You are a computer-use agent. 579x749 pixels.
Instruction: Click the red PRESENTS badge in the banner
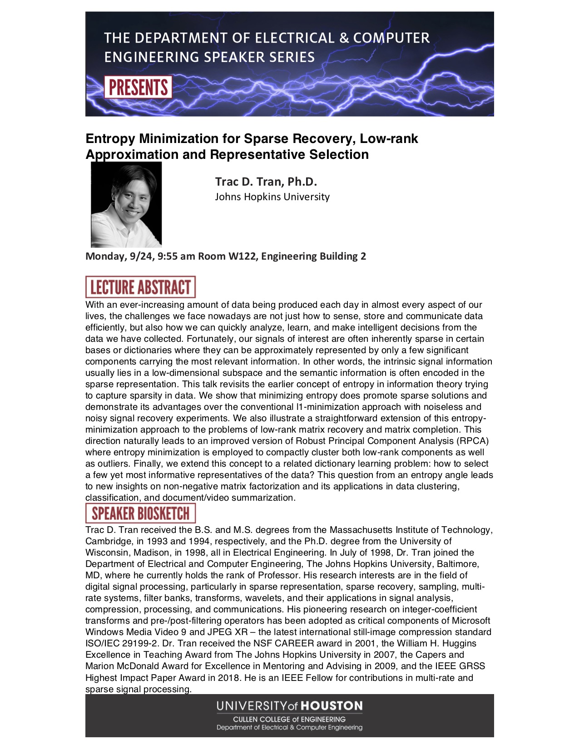click(x=138, y=87)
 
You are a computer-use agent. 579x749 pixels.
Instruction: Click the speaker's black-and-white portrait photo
click(x=126, y=205)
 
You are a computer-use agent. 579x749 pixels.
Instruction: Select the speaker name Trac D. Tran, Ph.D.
click(x=266, y=182)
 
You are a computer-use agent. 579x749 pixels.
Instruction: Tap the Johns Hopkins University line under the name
click(x=272, y=197)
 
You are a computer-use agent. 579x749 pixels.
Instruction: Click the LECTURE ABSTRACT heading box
click(x=140, y=287)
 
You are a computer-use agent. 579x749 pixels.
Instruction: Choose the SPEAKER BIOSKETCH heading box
click(x=140, y=513)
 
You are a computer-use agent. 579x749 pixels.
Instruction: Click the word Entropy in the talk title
click(x=110, y=138)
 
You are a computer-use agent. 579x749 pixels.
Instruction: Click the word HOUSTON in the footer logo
click(x=332, y=706)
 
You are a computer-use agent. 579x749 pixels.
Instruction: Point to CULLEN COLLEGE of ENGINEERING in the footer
click(x=289, y=719)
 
